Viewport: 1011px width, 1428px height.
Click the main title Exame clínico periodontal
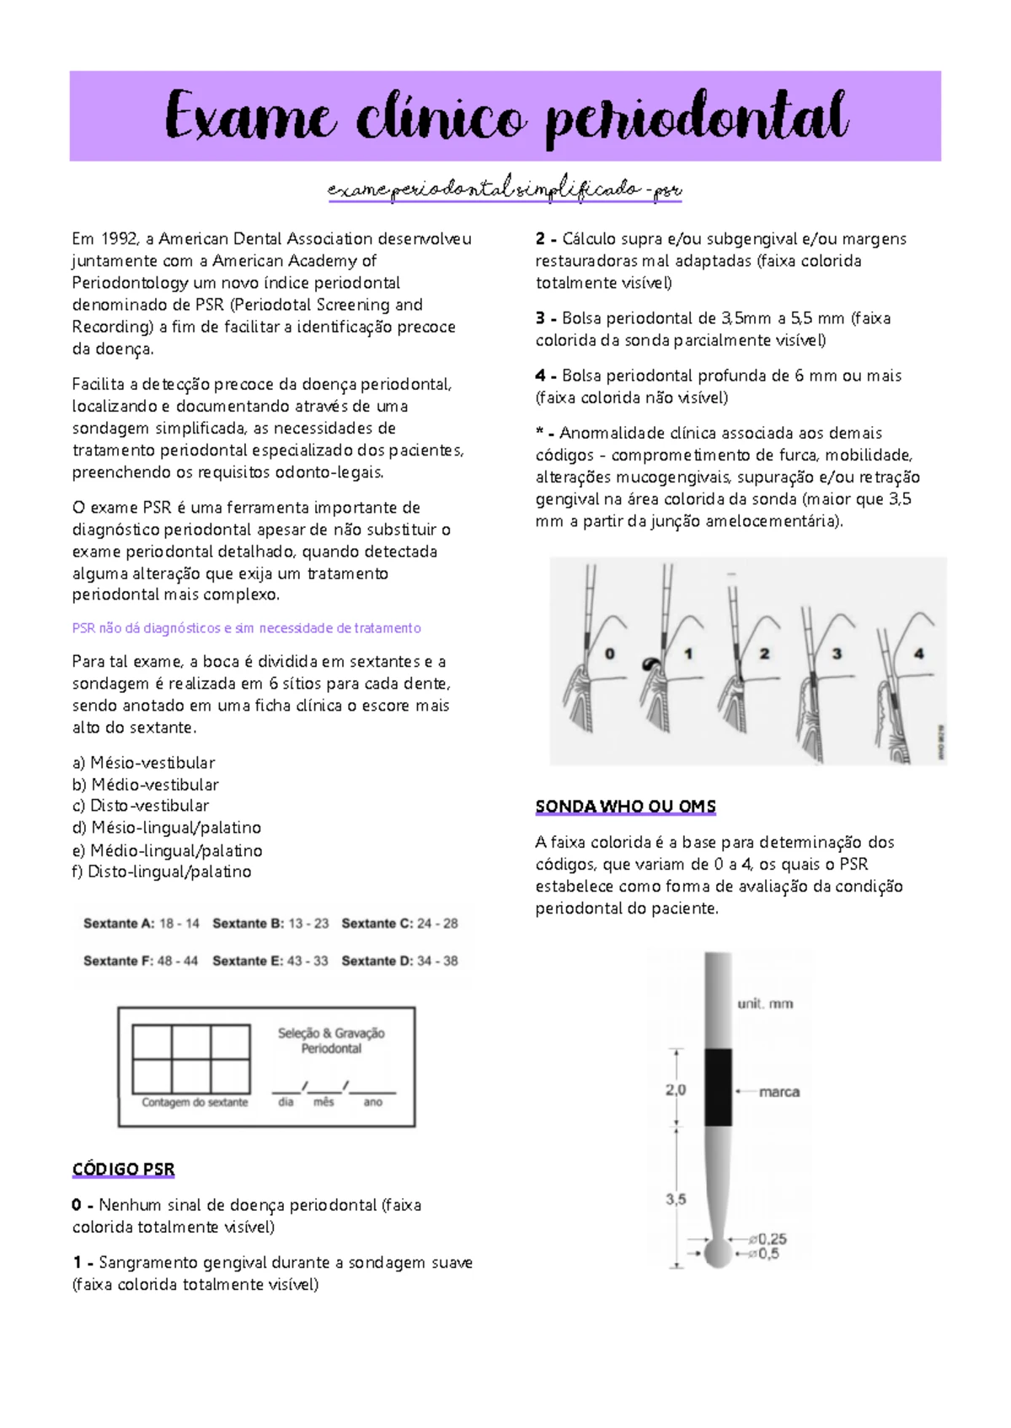tap(505, 117)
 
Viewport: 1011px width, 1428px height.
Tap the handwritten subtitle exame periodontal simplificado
tap(504, 189)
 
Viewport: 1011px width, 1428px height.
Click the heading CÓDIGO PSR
tap(123, 1170)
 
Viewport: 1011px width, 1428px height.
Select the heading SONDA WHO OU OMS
tap(625, 807)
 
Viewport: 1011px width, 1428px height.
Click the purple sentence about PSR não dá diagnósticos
tap(246, 628)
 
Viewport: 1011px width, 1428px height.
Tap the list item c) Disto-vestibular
tap(141, 806)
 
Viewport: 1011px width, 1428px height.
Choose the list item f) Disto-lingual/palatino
tap(162, 872)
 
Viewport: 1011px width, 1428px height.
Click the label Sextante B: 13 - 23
tap(270, 924)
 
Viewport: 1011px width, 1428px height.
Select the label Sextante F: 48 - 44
tap(141, 961)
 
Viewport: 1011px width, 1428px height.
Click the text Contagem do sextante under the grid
tap(195, 1102)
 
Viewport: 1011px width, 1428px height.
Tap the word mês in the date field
tap(324, 1102)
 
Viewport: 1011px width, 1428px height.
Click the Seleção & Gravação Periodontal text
tap(331, 1041)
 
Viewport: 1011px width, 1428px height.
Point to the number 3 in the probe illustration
tap(837, 653)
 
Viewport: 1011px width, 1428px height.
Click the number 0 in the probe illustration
tap(610, 653)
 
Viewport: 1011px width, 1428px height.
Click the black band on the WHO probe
tap(718, 1087)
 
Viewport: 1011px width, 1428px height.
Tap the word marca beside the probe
tap(779, 1092)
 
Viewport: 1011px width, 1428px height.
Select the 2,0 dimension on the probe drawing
tap(676, 1090)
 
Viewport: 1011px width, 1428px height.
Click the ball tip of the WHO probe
tap(718, 1254)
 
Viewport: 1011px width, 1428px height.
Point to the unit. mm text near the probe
tap(765, 1004)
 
